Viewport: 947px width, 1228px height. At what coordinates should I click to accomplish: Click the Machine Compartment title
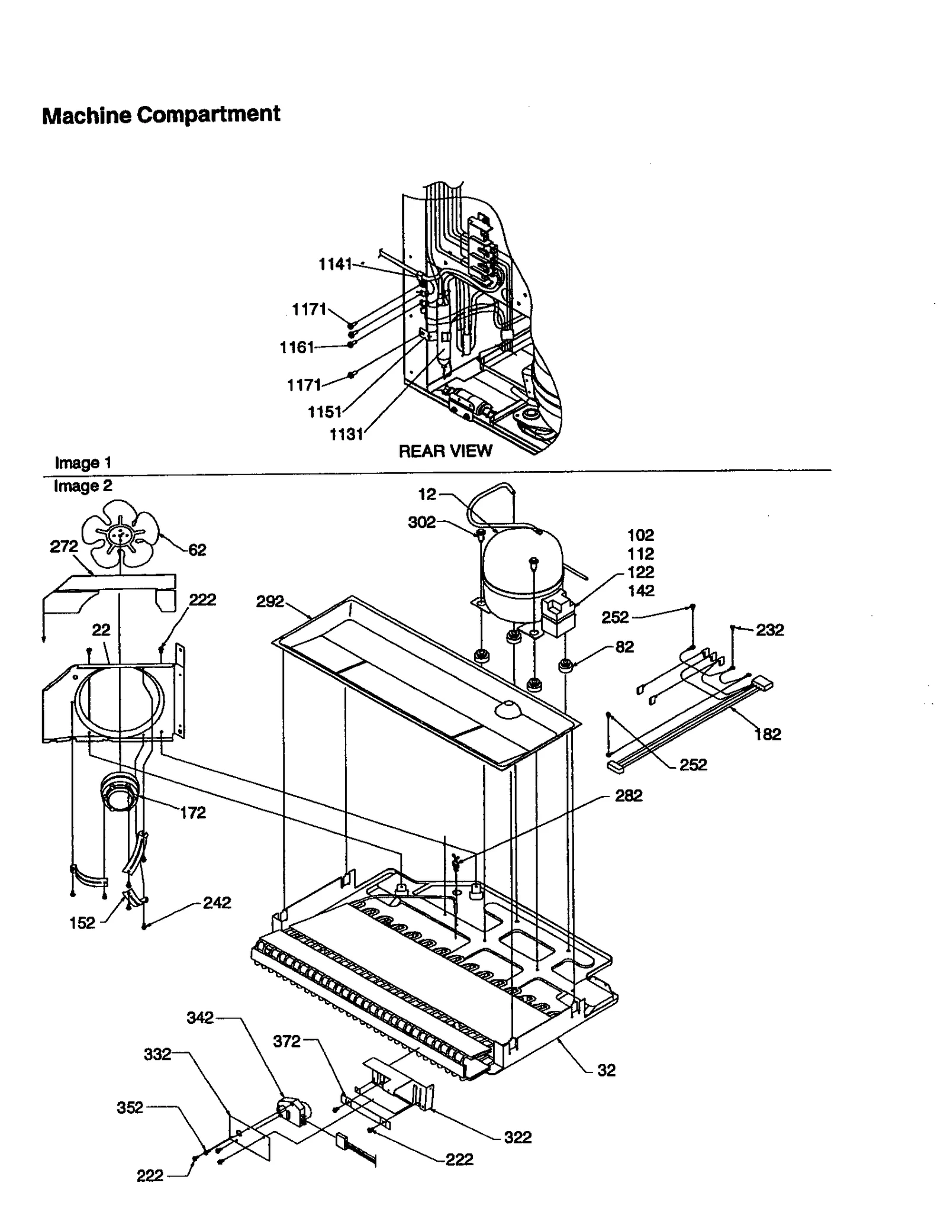pyautogui.click(x=161, y=114)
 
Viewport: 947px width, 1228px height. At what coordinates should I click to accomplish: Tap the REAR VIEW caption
pyautogui.click(x=444, y=451)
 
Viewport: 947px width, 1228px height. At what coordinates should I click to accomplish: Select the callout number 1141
pyautogui.click(x=335, y=264)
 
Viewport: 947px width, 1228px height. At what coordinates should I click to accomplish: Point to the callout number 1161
pyautogui.click(x=297, y=347)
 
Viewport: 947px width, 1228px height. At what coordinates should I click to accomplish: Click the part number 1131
pyautogui.click(x=346, y=434)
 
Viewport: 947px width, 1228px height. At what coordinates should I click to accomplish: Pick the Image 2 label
pyautogui.click(x=82, y=486)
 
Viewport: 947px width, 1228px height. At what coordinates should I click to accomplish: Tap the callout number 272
pyautogui.click(x=64, y=546)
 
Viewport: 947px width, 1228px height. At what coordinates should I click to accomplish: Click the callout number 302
pyautogui.click(x=421, y=522)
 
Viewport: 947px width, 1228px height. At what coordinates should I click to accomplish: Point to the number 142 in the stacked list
pyautogui.click(x=640, y=591)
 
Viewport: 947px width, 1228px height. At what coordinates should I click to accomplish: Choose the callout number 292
pyautogui.click(x=270, y=602)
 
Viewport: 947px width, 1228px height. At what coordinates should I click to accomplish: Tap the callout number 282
pyautogui.click(x=628, y=795)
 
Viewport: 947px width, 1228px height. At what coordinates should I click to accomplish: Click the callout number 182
pyautogui.click(x=768, y=734)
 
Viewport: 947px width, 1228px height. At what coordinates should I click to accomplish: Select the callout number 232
pyautogui.click(x=769, y=630)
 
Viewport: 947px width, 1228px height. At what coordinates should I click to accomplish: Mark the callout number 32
pyautogui.click(x=606, y=1070)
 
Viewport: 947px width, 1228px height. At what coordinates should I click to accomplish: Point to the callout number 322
pyautogui.click(x=517, y=1137)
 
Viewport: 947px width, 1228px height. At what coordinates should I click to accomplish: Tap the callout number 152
pyautogui.click(x=82, y=923)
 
